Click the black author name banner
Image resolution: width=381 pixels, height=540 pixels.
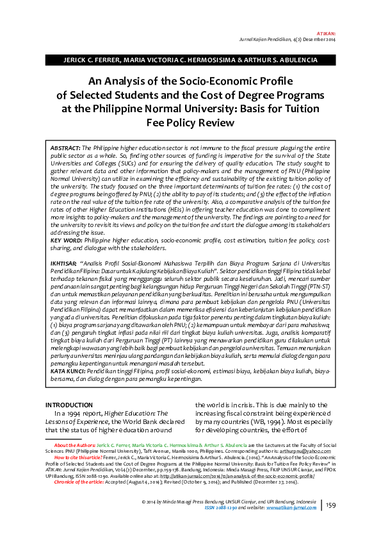190,60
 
